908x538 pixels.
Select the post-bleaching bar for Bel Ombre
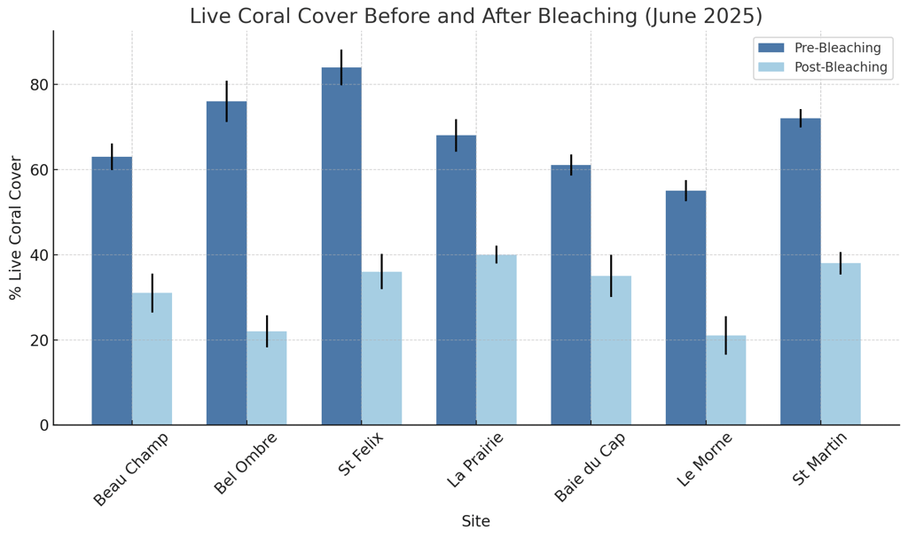point(267,378)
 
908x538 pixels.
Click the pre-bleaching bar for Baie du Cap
point(571,295)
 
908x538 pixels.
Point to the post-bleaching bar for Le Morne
point(726,380)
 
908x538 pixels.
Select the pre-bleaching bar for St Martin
point(800,271)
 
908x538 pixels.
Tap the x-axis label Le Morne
point(704,459)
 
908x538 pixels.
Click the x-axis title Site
point(475,521)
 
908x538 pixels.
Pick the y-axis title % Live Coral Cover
point(16,228)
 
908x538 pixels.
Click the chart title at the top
point(475,16)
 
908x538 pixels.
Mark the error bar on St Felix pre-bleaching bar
point(341,67)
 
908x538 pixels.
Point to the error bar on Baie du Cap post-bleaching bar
point(611,276)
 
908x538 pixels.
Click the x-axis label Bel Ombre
point(246,464)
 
